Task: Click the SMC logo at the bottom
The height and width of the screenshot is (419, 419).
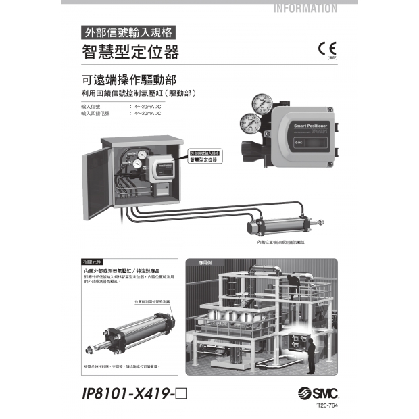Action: pos(317,393)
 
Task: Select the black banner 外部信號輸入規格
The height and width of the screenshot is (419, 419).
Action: pos(128,31)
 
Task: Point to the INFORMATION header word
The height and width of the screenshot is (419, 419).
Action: pos(305,9)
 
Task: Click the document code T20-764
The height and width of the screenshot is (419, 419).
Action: pos(327,405)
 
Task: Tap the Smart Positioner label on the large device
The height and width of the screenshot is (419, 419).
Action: pos(311,126)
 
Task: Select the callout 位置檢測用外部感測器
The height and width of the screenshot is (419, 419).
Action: pos(152,301)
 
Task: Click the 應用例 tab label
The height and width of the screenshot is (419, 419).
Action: pos(206,262)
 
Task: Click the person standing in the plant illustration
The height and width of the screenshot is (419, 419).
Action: pos(310,352)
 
